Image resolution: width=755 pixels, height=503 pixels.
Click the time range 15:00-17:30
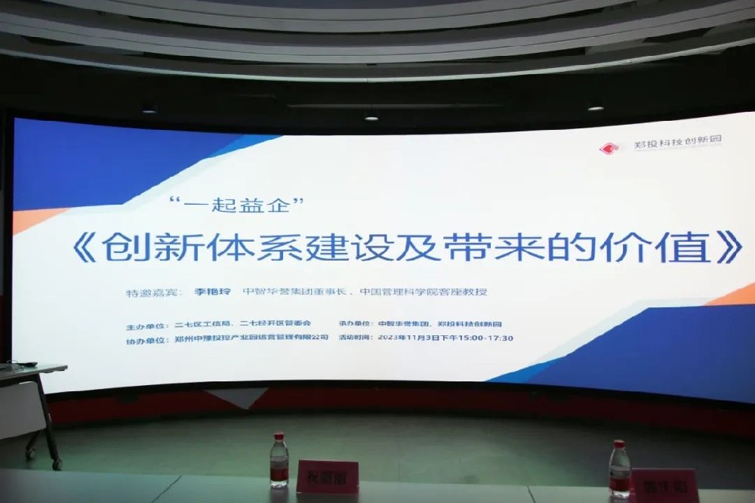488,338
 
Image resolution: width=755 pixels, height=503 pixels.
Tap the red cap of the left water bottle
279,436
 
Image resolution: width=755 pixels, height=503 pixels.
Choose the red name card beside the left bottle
326,477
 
